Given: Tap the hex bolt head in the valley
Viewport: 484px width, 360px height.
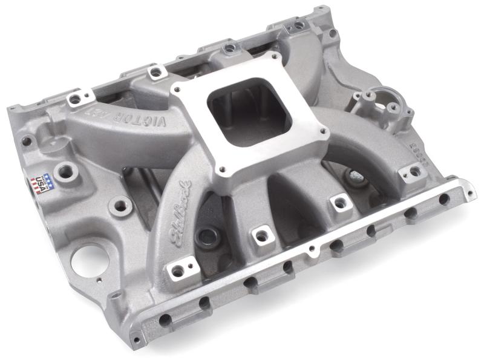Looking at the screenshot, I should [355, 175].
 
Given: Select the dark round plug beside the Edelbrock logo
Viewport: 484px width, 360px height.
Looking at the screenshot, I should [209, 237].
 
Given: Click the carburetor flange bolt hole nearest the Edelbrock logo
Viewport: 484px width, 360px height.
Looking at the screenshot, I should [223, 171].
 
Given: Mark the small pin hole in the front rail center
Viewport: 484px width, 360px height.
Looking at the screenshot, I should [310, 249].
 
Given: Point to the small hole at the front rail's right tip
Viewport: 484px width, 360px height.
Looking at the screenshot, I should [469, 194].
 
